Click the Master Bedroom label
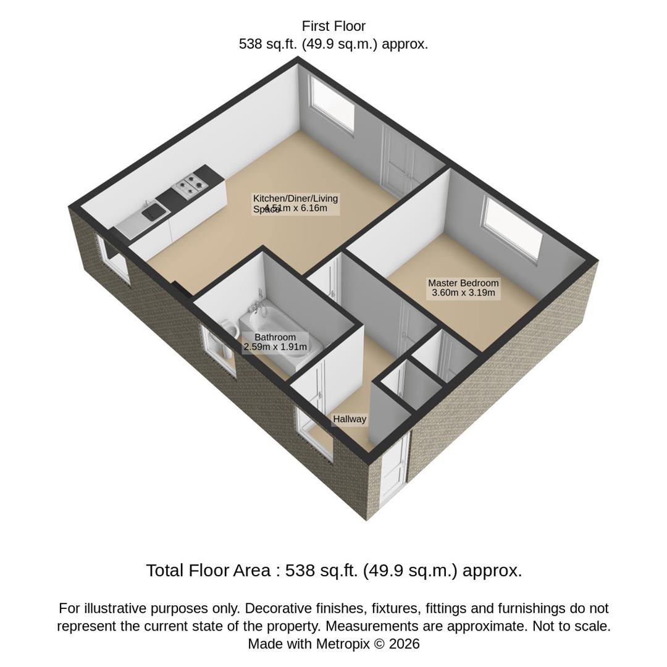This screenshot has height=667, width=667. [463, 283]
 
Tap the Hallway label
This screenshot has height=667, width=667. [350, 419]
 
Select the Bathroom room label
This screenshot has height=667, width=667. [275, 337]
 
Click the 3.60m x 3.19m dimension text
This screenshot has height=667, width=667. [463, 293]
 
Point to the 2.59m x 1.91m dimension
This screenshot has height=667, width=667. [275, 347]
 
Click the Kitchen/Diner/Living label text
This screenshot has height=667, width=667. [295, 198]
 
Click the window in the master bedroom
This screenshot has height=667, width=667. [513, 229]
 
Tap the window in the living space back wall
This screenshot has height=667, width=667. [333, 103]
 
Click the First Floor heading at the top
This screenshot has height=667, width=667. [333, 27]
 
